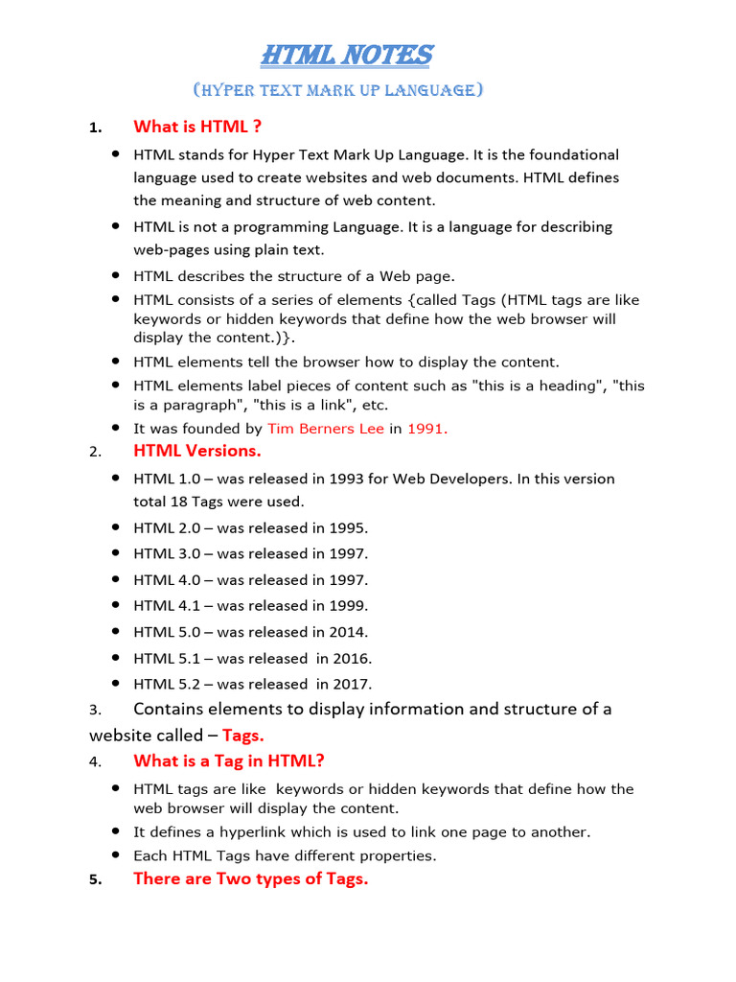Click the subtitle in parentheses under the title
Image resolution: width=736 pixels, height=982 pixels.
pyautogui.click(x=337, y=90)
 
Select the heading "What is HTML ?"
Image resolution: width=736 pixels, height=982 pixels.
pyautogui.click(x=197, y=126)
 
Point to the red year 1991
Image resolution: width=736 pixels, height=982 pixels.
pyautogui.click(x=427, y=429)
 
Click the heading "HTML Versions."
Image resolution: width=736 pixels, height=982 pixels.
pyautogui.click(x=197, y=451)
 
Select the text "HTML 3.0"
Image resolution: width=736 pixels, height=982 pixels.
pyautogui.click(x=165, y=553)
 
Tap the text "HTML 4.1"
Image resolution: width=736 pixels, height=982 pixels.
pyautogui.click(x=165, y=605)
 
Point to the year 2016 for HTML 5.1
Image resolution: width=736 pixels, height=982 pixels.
pyautogui.click(x=353, y=658)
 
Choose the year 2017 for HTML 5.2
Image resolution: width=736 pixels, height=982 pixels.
pyautogui.click(x=353, y=684)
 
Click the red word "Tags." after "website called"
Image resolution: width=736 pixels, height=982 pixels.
pyautogui.click(x=243, y=736)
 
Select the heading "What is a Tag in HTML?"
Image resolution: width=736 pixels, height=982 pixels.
pyautogui.click(x=229, y=761)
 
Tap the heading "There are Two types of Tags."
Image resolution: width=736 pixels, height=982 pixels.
pyautogui.click(x=250, y=879)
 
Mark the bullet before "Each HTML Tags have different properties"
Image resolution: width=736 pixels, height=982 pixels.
pyautogui.click(x=115, y=853)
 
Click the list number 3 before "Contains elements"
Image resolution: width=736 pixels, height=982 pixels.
pyautogui.click(x=94, y=711)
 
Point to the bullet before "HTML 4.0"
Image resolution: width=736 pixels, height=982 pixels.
pyautogui.click(x=115, y=578)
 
